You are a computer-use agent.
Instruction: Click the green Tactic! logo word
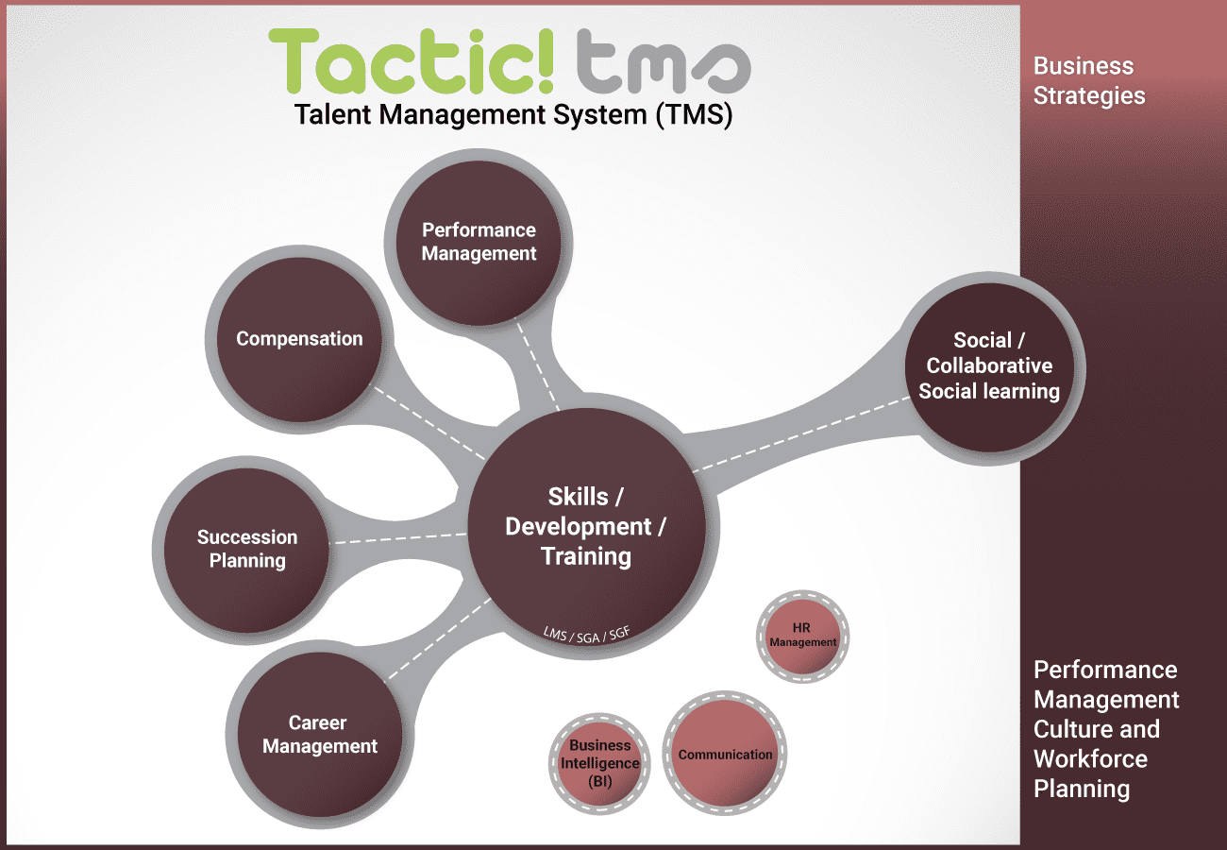pyautogui.click(x=412, y=62)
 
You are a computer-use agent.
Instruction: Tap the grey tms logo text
pyautogui.click(x=662, y=64)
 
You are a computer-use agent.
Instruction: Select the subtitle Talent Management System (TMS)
pyautogui.click(x=513, y=115)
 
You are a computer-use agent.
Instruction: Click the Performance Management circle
pyautogui.click(x=479, y=242)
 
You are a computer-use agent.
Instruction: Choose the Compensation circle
pyautogui.click(x=299, y=339)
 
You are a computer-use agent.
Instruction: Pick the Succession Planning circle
pyautogui.click(x=246, y=549)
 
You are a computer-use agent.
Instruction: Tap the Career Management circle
pyautogui.click(x=319, y=735)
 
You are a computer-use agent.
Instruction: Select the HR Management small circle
pyautogui.click(x=803, y=636)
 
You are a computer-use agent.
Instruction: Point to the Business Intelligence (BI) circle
pyautogui.click(x=599, y=763)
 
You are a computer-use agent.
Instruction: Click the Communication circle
pyautogui.click(x=725, y=755)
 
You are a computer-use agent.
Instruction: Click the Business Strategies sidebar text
pyautogui.click(x=1089, y=81)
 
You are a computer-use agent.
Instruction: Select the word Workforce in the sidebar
pyautogui.click(x=1090, y=759)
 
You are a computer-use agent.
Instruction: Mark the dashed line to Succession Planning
pyautogui.click(x=396, y=538)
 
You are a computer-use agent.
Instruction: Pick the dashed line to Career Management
pyautogui.click(x=439, y=637)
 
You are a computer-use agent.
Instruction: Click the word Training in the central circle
pyautogui.click(x=586, y=556)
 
